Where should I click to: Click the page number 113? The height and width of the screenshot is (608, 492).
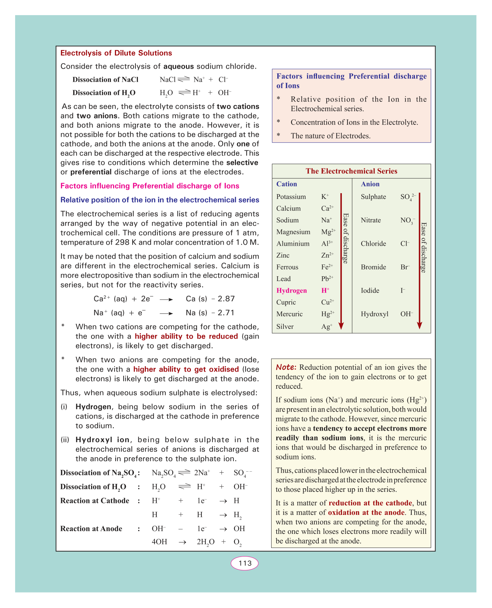coord(245,563)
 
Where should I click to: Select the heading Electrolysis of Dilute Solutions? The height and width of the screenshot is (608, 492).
coord(116,53)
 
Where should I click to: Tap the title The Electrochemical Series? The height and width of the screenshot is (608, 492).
coord(351,171)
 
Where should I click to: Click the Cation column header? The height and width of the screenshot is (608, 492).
coord(287,184)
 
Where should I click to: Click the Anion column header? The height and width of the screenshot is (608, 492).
coord(370,184)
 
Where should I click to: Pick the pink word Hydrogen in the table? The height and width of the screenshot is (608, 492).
coord(291,291)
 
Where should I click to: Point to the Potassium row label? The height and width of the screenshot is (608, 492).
coord(291,197)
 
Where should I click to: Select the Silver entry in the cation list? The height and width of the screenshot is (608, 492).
coord(285,327)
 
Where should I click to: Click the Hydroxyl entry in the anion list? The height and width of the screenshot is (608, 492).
coord(375,314)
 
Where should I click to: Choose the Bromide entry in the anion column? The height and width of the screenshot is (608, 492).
coord(373,267)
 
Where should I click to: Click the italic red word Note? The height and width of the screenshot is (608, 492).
coord(286,367)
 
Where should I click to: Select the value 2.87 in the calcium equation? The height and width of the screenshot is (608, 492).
coord(226,299)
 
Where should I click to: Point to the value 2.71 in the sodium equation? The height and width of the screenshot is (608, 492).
coord(226,313)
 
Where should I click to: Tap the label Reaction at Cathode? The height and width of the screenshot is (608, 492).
coord(95,501)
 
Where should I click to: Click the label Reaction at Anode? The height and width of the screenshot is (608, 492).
coord(91,529)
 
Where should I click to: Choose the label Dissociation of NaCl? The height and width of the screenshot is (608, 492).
coord(106,80)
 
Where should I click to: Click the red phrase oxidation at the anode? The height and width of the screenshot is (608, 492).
coord(366,513)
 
